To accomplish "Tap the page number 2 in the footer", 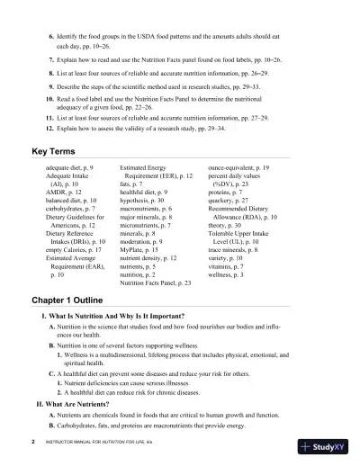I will (32, 444).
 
